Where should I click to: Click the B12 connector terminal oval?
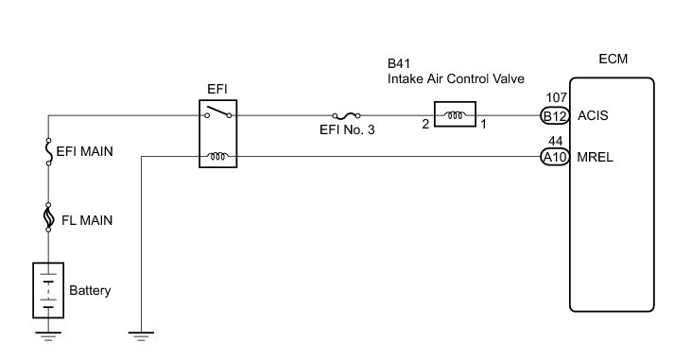tap(555, 116)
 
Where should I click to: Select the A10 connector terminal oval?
tap(555, 157)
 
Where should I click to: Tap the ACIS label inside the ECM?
tap(593, 115)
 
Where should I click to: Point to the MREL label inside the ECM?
tap(595, 157)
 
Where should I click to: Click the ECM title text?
tap(613, 59)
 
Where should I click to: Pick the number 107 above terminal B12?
tap(556, 98)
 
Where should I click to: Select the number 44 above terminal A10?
tap(555, 142)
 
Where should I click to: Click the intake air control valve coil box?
tap(455, 114)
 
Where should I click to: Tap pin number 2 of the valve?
tap(425, 124)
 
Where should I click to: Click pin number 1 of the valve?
tap(484, 124)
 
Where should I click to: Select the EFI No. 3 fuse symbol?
tap(346, 115)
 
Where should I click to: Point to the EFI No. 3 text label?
tap(347, 129)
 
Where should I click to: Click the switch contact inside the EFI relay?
tap(218, 111)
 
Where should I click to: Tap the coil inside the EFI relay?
tap(217, 156)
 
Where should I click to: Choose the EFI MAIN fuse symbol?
tap(48, 151)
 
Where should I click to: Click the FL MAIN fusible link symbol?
tap(48, 217)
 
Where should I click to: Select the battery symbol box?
tap(48, 290)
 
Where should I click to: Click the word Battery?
tap(90, 290)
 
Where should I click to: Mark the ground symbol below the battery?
tap(48, 336)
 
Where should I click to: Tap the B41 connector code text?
tap(399, 63)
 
